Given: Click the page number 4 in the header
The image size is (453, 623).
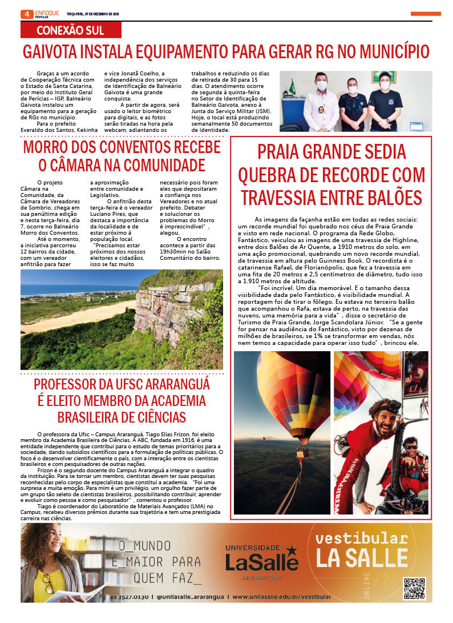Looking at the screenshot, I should pyautogui.click(x=26, y=14).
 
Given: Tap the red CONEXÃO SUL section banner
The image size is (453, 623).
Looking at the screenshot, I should pyautogui.click(x=71, y=30).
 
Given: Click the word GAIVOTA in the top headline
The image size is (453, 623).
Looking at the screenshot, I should pyautogui.click(x=49, y=52).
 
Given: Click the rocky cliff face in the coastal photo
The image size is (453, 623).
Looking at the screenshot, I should pyautogui.click(x=171, y=308).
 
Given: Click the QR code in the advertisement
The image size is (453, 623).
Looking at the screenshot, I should pyautogui.click(x=415, y=588).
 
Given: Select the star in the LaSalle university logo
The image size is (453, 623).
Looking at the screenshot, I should pyautogui.click(x=292, y=550).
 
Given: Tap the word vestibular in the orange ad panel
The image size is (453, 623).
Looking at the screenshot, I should pyautogui.click(x=361, y=538).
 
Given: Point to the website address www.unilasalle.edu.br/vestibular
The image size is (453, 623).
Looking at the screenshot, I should pyautogui.click(x=281, y=597).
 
